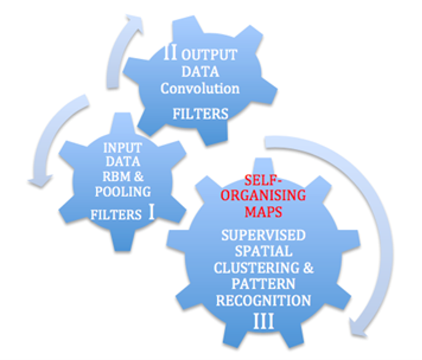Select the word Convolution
pyautogui.click(x=200, y=89)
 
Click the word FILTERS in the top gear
pyautogui.click(x=200, y=113)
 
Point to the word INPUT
pyautogui.click(x=122, y=148)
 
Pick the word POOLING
pyautogui.click(x=122, y=192)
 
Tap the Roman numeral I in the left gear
pyautogui.click(x=151, y=213)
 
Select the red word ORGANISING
pyautogui.click(x=264, y=196)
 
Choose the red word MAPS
pyautogui.click(x=263, y=211)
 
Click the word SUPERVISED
pyautogui.click(x=263, y=235)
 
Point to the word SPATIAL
pyautogui.click(x=263, y=251)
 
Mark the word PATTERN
pyautogui.click(x=263, y=284)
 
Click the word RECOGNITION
pyautogui.click(x=263, y=300)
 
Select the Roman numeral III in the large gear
pyautogui.click(x=263, y=322)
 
